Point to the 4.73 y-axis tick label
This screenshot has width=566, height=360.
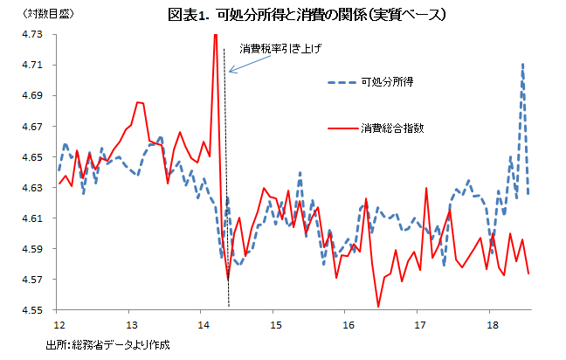(x=34, y=34)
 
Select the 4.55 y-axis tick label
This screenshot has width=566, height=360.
(x=34, y=310)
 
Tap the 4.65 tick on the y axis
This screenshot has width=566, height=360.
(x=34, y=157)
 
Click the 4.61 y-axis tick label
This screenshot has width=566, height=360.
(x=34, y=218)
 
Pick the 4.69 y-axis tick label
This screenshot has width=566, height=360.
(x=34, y=95)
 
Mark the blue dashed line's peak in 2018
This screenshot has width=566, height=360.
(x=522, y=64)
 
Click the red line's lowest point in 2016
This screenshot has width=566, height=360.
(x=378, y=306)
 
